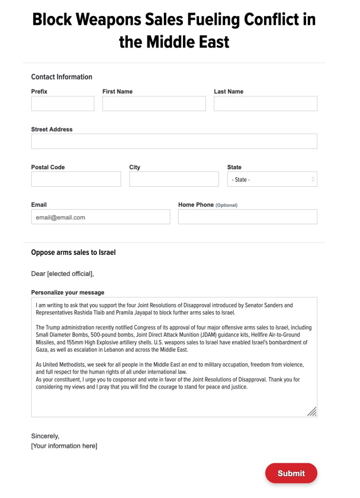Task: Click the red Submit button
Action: tap(291, 473)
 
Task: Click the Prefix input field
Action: tap(63, 104)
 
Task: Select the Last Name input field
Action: tap(265, 104)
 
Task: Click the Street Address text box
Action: tap(174, 141)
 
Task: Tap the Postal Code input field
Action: tap(76, 179)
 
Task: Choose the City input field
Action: tap(174, 179)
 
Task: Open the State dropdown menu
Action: tap(272, 179)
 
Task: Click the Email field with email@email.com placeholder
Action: tap(101, 217)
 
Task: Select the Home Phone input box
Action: tap(248, 217)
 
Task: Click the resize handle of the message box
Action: tap(312, 412)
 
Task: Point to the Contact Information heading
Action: tap(62, 77)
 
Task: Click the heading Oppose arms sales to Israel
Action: tap(73, 252)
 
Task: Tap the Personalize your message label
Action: tap(68, 292)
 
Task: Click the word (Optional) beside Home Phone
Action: tap(227, 205)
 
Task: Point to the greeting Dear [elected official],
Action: tap(63, 274)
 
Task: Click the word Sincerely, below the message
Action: tap(45, 436)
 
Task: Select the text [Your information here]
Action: tap(64, 446)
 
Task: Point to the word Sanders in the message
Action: tap(284, 305)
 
